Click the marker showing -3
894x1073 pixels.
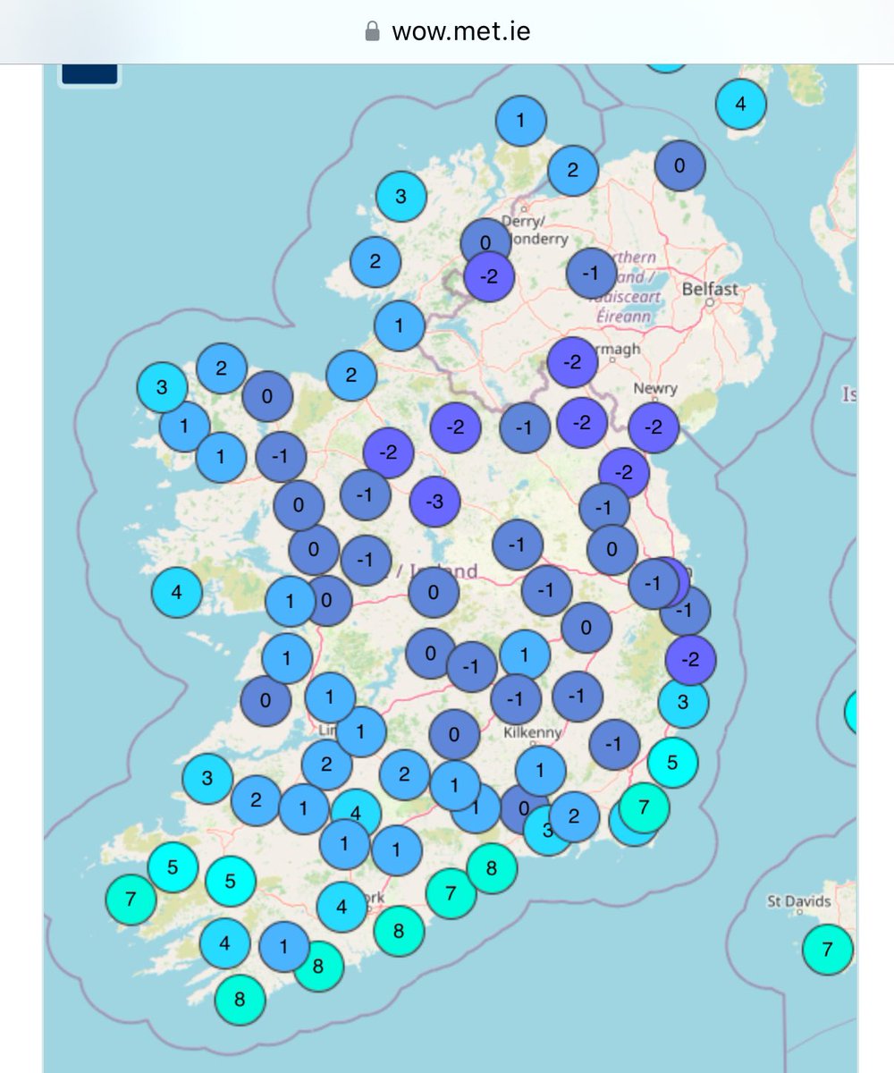[434, 502]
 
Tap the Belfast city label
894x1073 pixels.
[710, 289]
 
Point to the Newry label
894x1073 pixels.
[655, 389]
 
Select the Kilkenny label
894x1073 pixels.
[532, 732]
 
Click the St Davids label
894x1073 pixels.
[798, 901]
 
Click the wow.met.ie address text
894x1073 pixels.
[460, 32]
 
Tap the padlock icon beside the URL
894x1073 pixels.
[373, 32]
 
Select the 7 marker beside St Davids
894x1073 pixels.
[827, 949]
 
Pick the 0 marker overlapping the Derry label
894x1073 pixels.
[485, 242]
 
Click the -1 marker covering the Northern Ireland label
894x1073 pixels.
[591, 274]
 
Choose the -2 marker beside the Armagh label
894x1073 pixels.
[573, 363]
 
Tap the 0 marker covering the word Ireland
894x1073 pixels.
[434, 591]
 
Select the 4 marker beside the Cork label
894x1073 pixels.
[342, 907]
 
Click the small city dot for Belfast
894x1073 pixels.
[709, 302]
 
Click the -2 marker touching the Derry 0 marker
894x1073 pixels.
[490, 276]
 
